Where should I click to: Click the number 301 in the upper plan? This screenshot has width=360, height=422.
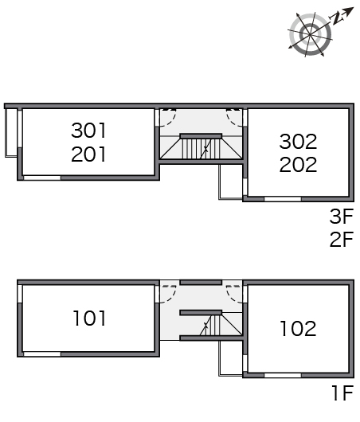coord(88,131)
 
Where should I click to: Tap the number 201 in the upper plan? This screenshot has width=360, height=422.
coord(88,154)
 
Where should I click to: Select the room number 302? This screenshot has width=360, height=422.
coord(298,142)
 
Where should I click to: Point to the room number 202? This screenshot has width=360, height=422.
coord(298,165)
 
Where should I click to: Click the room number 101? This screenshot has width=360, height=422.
coord(89,318)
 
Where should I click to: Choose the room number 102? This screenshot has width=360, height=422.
coord(298,329)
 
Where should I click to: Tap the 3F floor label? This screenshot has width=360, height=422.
coord(342,217)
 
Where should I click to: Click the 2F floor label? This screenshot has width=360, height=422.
coord(342,240)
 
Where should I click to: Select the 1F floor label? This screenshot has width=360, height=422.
coord(342,393)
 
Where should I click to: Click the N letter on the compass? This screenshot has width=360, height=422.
coord(337,18)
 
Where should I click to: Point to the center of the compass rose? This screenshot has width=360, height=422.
coord(310,35)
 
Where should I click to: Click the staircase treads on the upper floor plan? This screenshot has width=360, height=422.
coord(201,149)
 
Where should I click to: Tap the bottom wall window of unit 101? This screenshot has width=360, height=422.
coord(42,354)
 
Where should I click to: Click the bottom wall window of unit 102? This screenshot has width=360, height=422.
coord(283,375)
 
